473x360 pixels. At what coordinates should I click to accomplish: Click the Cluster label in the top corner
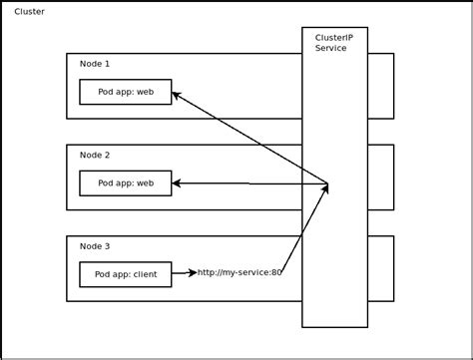tap(28, 11)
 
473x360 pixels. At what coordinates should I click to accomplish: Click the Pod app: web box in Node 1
tap(125, 92)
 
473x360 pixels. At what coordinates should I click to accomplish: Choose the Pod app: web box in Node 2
tap(125, 182)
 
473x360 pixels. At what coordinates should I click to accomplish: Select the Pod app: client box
tap(125, 273)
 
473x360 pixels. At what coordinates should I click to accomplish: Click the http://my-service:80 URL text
tap(239, 272)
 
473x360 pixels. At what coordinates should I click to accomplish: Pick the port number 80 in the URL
tap(275, 272)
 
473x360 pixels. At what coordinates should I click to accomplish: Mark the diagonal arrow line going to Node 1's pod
tap(249, 138)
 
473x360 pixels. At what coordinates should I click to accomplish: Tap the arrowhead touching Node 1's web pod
tap(177, 96)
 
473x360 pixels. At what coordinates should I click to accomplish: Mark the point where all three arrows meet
tap(328, 183)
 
